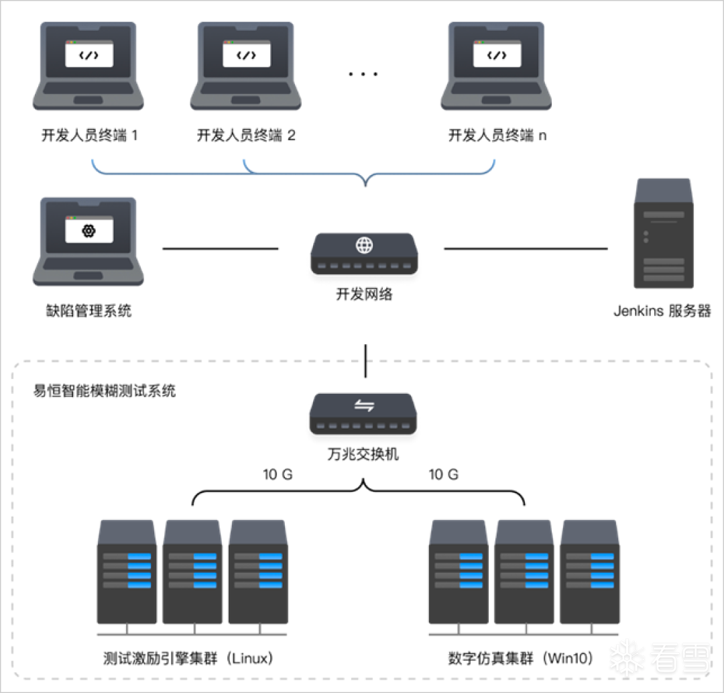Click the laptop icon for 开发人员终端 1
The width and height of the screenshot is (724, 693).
click(x=88, y=66)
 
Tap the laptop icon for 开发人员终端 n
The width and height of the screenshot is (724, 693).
click(x=496, y=66)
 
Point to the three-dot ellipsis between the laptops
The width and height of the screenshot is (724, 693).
click(x=363, y=73)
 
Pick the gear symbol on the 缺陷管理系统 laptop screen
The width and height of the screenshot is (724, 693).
click(x=88, y=231)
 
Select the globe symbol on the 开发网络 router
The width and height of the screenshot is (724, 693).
click(x=364, y=245)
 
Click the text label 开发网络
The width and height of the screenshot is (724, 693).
click(x=364, y=293)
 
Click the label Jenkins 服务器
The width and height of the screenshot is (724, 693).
click(x=662, y=311)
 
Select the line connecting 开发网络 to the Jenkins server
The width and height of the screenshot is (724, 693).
click(x=526, y=249)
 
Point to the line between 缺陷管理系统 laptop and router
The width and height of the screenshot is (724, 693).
click(x=221, y=249)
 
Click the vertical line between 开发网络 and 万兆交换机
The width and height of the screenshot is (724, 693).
click(x=365, y=362)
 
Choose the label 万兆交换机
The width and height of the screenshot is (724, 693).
click(x=364, y=454)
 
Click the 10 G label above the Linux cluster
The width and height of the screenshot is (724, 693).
click(x=278, y=475)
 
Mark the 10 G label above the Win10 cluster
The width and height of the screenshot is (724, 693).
click(x=444, y=475)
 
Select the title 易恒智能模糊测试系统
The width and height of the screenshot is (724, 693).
click(x=105, y=390)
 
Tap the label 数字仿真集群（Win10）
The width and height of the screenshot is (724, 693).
click(x=522, y=658)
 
